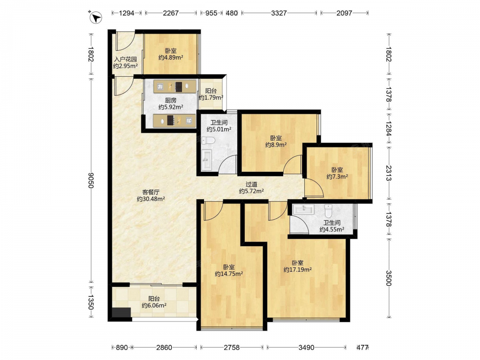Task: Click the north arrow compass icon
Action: click(x=96, y=17)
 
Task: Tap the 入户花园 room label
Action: click(x=125, y=60)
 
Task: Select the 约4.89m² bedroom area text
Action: click(x=171, y=57)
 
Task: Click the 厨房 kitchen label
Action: click(x=171, y=100)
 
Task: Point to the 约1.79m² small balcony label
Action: click(x=211, y=97)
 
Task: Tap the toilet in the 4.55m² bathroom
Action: click(x=328, y=211)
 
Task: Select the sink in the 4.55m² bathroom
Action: click(x=303, y=210)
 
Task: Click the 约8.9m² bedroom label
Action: click(x=276, y=145)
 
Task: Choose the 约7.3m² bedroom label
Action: click(x=337, y=177)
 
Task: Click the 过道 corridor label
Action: click(x=252, y=184)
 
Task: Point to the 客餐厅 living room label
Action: click(x=151, y=192)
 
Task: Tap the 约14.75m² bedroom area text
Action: click(x=229, y=274)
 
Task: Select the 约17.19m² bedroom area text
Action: click(x=298, y=270)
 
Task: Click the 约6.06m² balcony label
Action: click(x=154, y=305)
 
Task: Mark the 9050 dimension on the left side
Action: click(x=91, y=180)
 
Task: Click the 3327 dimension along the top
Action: click(x=279, y=13)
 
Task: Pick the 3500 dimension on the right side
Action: click(x=388, y=278)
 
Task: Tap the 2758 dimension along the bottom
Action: click(x=232, y=348)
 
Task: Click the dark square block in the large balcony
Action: click(x=121, y=312)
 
